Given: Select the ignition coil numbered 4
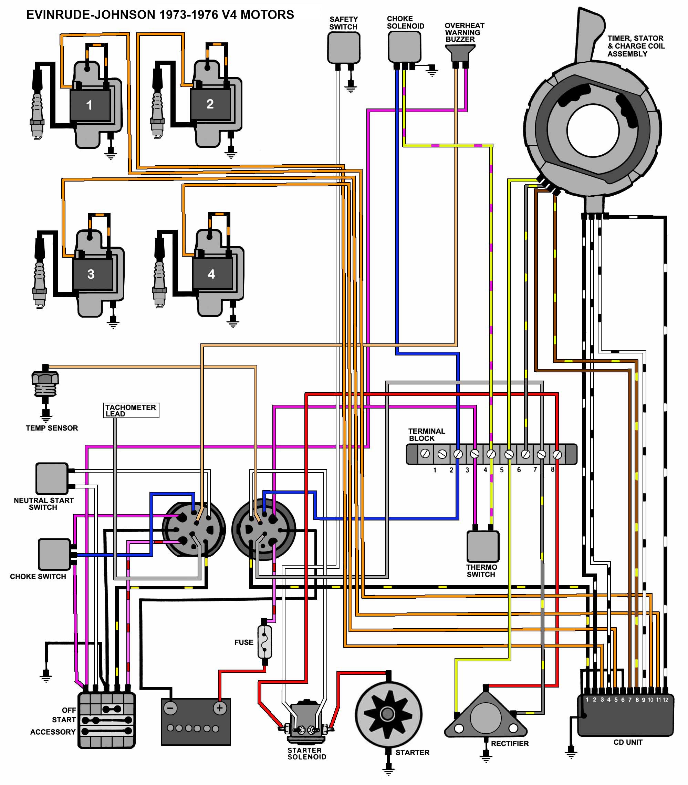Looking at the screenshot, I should [211, 274].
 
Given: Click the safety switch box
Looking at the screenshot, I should [344, 48].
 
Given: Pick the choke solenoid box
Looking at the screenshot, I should [404, 47].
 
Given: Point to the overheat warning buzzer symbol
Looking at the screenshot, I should [460, 53].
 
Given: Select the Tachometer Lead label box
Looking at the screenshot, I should [131, 410].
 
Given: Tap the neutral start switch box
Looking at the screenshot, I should [52, 478].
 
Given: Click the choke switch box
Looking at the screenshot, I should [54, 554].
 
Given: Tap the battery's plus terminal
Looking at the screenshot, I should [220, 708].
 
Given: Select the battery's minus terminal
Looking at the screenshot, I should [170, 708].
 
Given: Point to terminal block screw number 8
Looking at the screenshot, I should [557, 455].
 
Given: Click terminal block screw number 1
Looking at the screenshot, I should [425, 454].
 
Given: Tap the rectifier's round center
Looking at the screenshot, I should [485, 717].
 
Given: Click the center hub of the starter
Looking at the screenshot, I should [387, 714].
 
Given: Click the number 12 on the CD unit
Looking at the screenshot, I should [665, 700].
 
